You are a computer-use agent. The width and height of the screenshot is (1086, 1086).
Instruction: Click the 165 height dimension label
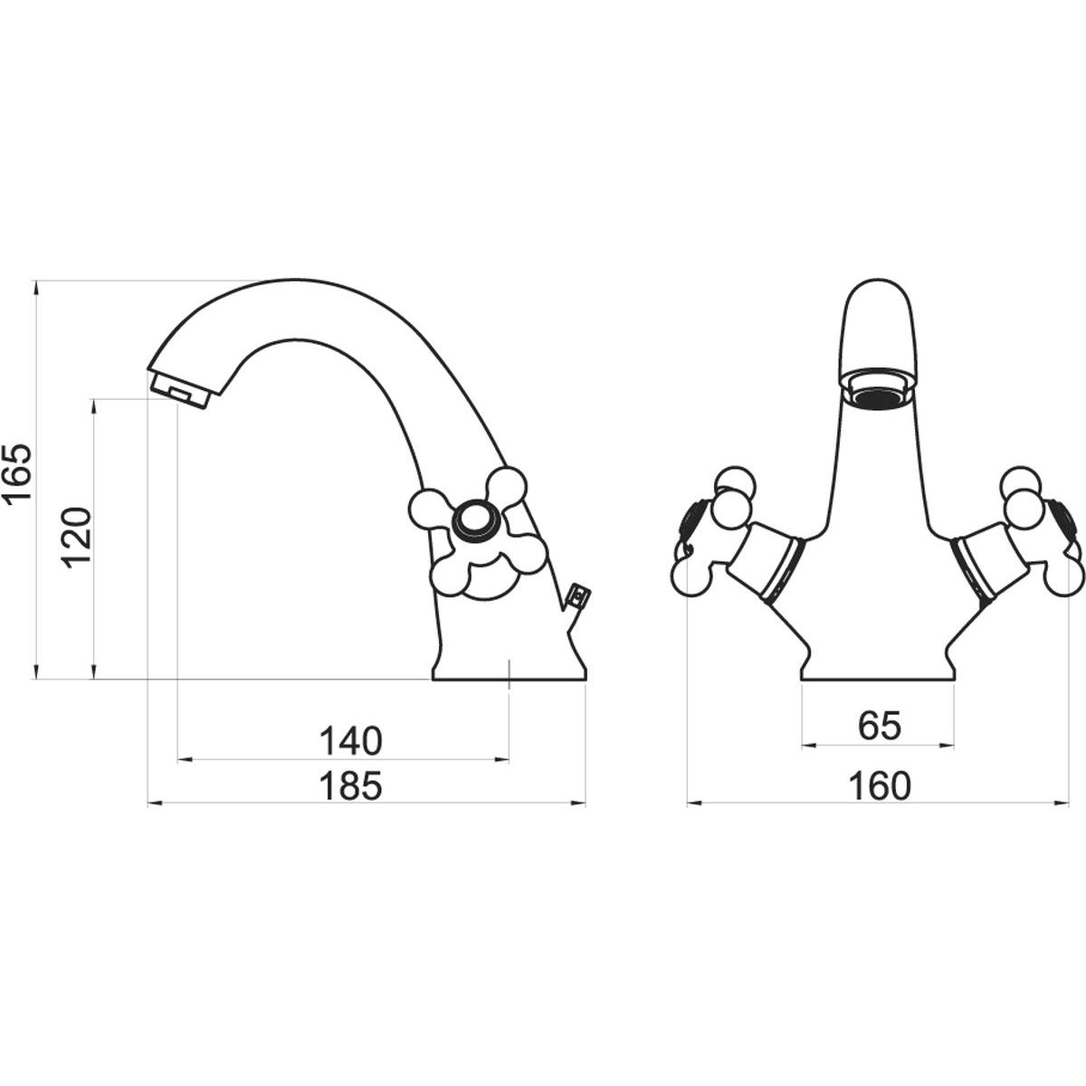point(17,481)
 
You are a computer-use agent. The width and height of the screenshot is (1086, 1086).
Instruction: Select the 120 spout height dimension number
point(75,538)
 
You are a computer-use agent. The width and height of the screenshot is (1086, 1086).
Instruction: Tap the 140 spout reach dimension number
point(350,741)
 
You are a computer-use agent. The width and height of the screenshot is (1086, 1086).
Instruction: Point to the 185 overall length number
point(350,786)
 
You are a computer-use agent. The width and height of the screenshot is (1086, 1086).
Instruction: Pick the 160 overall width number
point(879,786)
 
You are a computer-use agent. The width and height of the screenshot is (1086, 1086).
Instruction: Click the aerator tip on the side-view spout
point(179,390)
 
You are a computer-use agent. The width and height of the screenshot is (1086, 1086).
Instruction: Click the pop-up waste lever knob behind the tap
point(578,596)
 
